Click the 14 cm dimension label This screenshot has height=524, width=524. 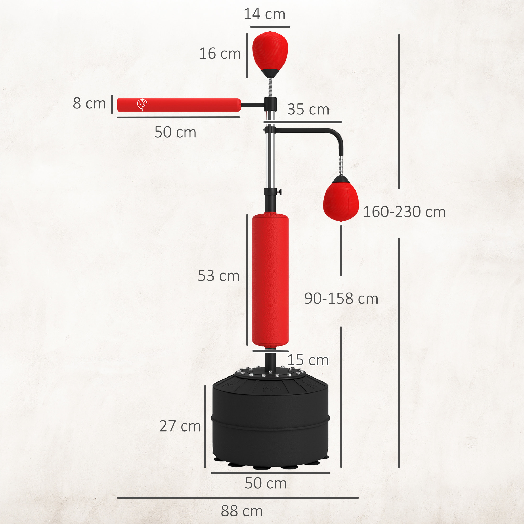pyautogui.click(x=264, y=14)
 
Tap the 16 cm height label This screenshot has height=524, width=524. pyautogui.click(x=220, y=53)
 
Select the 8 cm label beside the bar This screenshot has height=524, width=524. pyautogui.click(x=89, y=103)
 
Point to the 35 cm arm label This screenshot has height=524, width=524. pyautogui.click(x=308, y=110)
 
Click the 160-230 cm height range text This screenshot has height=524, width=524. pyautogui.click(x=404, y=212)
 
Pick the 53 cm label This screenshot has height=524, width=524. pyautogui.click(x=219, y=276)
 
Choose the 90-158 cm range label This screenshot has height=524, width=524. pyautogui.click(x=341, y=299)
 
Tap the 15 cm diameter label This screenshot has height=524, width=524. pyautogui.click(x=308, y=360)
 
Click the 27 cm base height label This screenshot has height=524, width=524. pyautogui.click(x=180, y=426)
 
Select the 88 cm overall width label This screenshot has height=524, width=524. pyautogui.click(x=242, y=511)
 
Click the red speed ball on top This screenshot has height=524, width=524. pyautogui.click(x=270, y=52)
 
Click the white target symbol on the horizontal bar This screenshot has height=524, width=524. pyautogui.click(x=142, y=103)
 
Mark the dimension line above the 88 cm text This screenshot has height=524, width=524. pyautogui.click(x=238, y=498)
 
